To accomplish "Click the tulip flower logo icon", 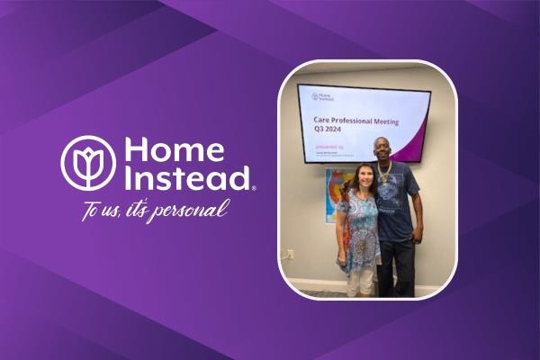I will pos(88,162).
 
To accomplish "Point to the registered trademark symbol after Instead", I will pos(254,187).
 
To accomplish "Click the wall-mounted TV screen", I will pos(364,123).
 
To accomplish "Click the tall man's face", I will pos(384,149).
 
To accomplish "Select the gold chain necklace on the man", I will pos(385,171).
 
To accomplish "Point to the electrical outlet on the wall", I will pos(290,254).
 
